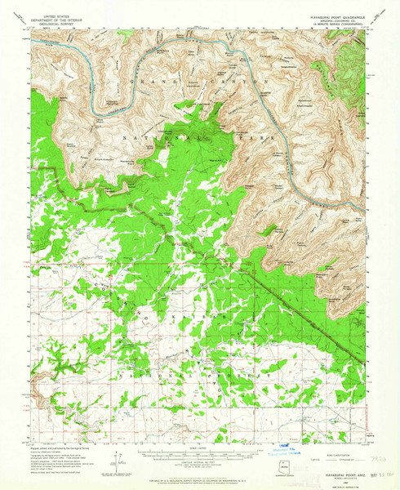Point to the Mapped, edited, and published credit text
coord(61,448)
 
